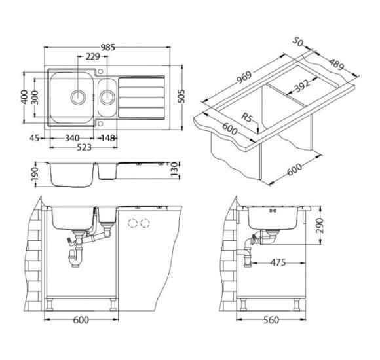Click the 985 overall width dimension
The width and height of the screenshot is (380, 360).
coord(108,47)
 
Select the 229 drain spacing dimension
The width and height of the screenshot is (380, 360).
coord(93,56)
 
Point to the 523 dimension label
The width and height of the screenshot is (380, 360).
coord(84,147)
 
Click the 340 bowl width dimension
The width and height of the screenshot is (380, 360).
coord(72,138)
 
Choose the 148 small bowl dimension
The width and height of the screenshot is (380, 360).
coord(108,138)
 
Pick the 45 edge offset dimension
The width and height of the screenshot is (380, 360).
coord(35,138)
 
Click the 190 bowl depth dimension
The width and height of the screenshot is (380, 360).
coord(35,174)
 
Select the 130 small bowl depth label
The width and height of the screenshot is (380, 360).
coord(174,170)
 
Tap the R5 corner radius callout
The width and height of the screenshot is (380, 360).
coord(247,118)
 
